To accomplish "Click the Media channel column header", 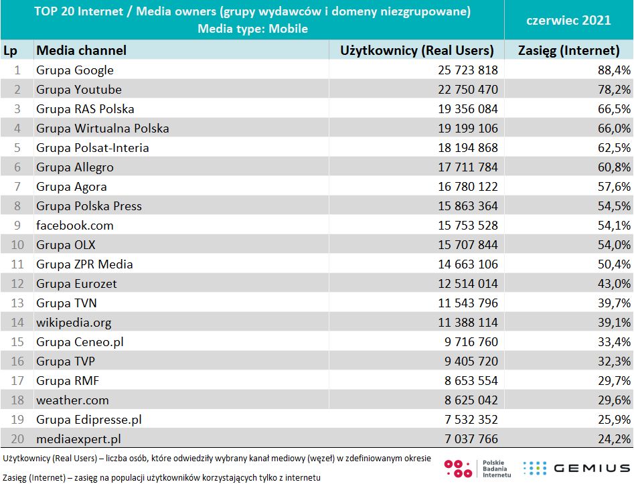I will point(81,50).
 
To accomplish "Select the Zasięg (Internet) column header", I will point(568,50).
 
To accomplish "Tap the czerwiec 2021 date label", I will point(568,20).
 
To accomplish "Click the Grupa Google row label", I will point(75,70).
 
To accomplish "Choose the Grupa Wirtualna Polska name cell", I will point(102,129).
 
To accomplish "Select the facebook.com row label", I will point(75,226).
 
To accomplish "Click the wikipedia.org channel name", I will point(74,323).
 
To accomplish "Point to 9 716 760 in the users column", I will point(463,342).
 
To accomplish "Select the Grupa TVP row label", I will point(66,361).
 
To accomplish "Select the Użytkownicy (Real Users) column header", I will point(416,50).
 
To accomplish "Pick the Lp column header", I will point(10,50).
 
